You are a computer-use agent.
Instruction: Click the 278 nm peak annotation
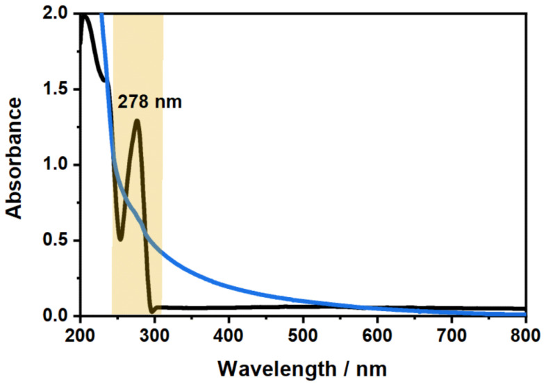click(149, 103)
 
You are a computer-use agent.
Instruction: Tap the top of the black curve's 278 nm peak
click(138, 121)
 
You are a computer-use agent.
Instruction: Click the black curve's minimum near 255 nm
click(120, 239)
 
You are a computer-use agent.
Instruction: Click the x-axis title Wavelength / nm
click(302, 365)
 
